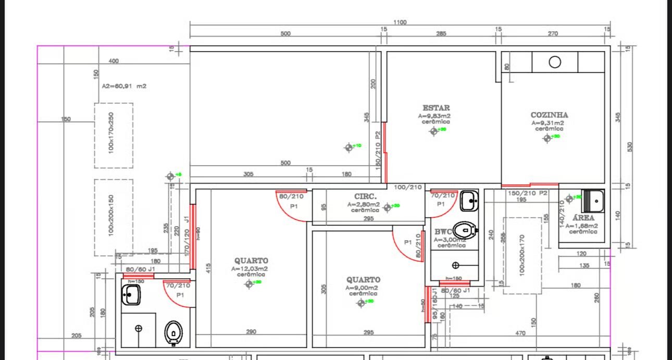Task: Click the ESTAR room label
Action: (x=436, y=108)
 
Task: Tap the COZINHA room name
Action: (x=549, y=115)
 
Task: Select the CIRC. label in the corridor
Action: (x=365, y=196)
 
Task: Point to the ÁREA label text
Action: (x=583, y=218)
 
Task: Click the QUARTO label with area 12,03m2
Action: (x=251, y=260)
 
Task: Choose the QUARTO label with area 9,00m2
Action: (x=363, y=280)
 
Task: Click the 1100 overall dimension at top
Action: (x=400, y=22)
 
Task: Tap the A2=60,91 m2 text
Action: (x=124, y=86)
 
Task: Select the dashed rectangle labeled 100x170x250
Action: (x=114, y=135)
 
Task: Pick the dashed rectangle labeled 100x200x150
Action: (x=114, y=217)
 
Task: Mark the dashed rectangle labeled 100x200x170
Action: (x=522, y=255)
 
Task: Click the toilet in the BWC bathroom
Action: (x=464, y=229)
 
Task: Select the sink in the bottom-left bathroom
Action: (x=131, y=295)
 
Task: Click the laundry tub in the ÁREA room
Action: (x=593, y=200)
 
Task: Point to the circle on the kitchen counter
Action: (x=555, y=63)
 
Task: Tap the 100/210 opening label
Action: (x=408, y=187)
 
